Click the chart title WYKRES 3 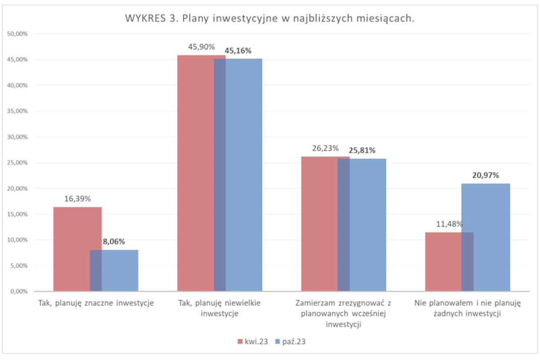[269, 19]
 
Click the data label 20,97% [486, 175]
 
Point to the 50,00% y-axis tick [18, 34]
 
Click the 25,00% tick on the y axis [18, 162]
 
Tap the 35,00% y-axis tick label [18, 111]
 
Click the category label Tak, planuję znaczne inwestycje [96, 303]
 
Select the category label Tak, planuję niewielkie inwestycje [220, 308]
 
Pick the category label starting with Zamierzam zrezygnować [344, 313]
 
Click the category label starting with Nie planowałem [468, 308]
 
